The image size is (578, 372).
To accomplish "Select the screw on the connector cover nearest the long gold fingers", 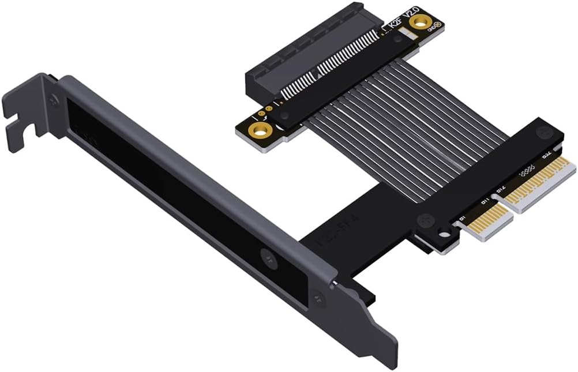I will pyautogui.click(x=544, y=132).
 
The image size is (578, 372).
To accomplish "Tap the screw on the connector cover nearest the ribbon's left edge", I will pyautogui.click(x=426, y=220).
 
